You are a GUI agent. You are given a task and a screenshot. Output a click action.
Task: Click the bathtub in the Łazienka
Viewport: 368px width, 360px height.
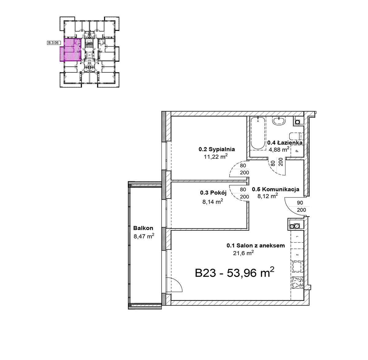[x=258, y=133]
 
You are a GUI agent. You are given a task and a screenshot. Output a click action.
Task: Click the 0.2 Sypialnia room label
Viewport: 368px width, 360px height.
[x=217, y=149]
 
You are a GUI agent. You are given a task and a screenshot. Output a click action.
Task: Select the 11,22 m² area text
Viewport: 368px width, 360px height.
[x=216, y=156]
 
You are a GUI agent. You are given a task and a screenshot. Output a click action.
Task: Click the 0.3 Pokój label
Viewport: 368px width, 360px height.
[x=213, y=193]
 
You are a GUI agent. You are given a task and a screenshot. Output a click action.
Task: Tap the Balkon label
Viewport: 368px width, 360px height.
[x=143, y=228]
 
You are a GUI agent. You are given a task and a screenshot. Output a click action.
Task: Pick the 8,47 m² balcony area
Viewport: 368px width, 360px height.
[x=144, y=236]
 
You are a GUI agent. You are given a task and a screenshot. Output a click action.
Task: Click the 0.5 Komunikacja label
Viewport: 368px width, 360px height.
[x=275, y=189]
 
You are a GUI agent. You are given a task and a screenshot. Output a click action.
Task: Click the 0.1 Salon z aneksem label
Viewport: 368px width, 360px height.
[x=256, y=246]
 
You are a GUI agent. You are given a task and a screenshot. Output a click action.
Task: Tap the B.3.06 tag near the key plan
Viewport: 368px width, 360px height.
[x=53, y=43]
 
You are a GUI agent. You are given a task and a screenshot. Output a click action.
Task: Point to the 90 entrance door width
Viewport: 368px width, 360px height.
[x=300, y=203]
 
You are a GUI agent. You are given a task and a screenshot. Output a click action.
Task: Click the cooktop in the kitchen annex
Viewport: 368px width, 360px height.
[x=297, y=282]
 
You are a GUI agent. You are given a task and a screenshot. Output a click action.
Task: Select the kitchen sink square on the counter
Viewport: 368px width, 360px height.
[x=297, y=266]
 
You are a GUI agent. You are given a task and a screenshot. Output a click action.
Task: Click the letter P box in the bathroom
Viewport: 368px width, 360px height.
[x=297, y=151]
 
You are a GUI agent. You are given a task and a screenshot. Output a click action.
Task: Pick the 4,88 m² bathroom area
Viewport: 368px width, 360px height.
[x=279, y=149]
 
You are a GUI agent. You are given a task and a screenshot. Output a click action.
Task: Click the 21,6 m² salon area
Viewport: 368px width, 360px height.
[x=243, y=253]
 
